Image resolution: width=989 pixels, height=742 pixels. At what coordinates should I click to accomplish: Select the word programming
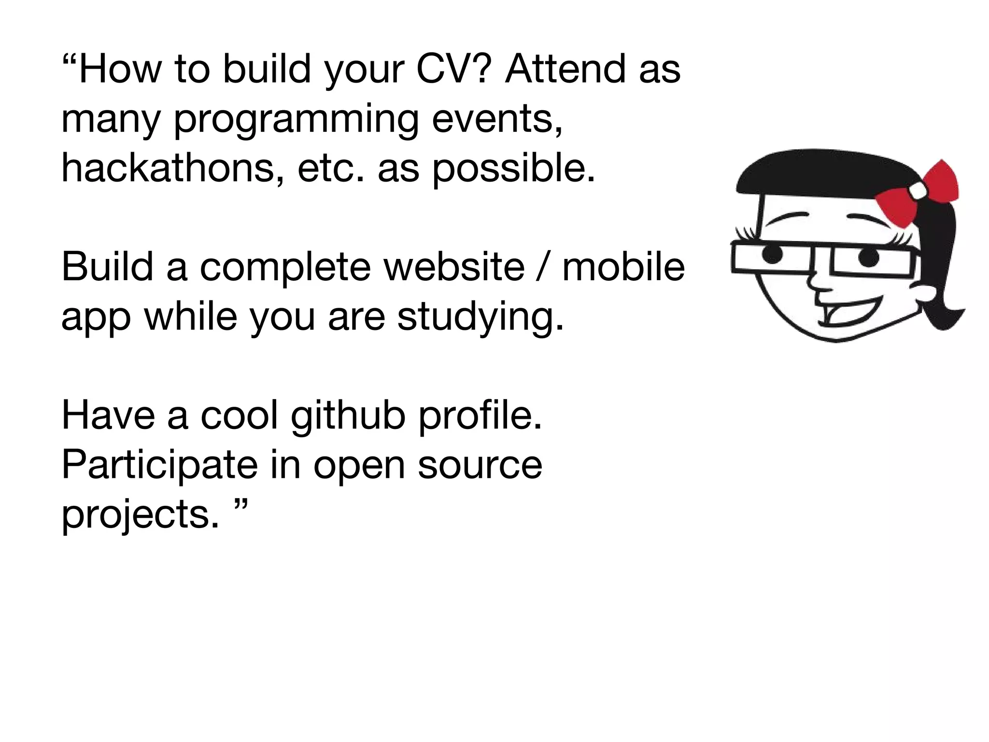[296, 120]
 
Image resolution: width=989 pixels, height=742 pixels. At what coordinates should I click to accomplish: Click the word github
[348, 416]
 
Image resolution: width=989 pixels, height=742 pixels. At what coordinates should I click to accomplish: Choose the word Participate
[160, 466]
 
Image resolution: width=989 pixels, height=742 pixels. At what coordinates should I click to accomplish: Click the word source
[480, 466]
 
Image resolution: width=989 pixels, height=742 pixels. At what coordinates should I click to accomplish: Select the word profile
[480, 416]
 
